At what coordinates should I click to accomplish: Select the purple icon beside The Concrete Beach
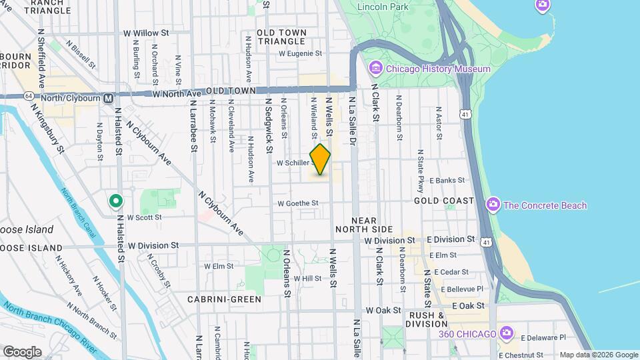click(493, 205)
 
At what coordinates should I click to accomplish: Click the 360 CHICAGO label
click(467, 333)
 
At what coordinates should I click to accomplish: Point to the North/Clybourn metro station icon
click(107, 97)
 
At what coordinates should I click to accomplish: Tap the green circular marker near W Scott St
click(115, 200)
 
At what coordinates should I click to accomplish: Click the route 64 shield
click(29, 97)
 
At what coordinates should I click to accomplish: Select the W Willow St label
click(146, 33)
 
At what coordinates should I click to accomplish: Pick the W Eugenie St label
click(300, 53)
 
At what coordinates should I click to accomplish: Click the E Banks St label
click(447, 180)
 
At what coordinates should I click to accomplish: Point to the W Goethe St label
click(299, 203)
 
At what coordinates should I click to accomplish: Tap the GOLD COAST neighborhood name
click(444, 201)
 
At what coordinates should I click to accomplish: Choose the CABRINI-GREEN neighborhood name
click(224, 299)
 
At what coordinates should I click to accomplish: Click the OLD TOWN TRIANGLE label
click(281, 37)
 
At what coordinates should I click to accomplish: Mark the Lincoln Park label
click(383, 7)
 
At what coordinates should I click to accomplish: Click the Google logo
click(22, 351)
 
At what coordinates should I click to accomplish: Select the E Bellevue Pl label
click(458, 289)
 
